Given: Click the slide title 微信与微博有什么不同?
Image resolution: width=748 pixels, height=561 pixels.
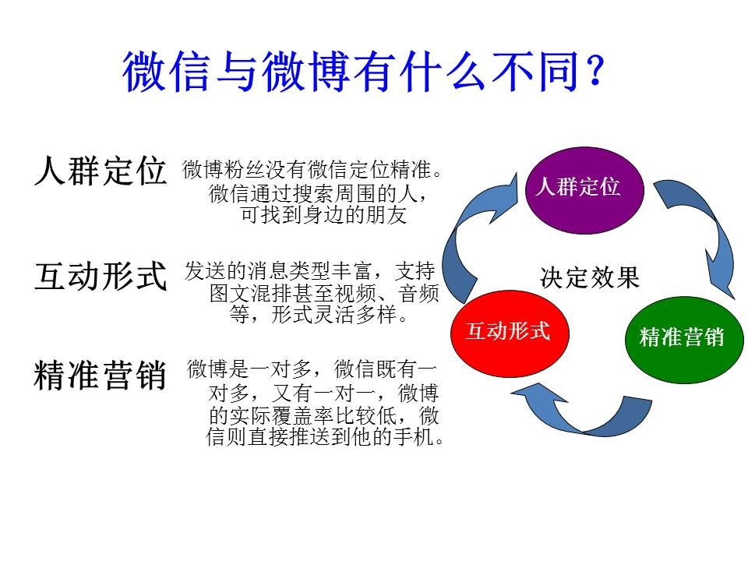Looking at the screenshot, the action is coord(363,74).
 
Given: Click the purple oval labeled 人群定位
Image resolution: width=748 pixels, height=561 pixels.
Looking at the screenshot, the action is coord(577,188).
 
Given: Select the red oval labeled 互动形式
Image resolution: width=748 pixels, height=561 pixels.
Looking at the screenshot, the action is coord(508,331).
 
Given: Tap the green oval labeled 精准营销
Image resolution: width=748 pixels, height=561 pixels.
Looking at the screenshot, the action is coord(682,337).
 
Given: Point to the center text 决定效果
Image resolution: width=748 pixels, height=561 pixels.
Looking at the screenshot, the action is coord(590,278).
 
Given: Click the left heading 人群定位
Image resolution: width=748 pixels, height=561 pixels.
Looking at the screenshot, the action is coord(101,171).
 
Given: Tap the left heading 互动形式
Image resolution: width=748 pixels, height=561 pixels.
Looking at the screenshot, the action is coord(101,276).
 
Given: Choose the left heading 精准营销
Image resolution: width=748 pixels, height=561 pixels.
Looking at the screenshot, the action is coord(101,376).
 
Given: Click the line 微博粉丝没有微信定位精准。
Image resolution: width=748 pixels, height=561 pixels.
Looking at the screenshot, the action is coord(317,169).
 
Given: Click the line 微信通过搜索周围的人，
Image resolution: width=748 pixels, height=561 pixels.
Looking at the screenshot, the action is coord(319,192).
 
